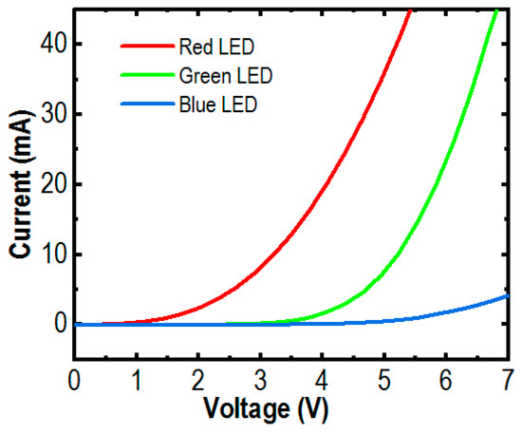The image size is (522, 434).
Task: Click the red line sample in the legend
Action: pos(145,45)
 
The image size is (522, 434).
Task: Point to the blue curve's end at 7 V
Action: pos(508,295)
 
